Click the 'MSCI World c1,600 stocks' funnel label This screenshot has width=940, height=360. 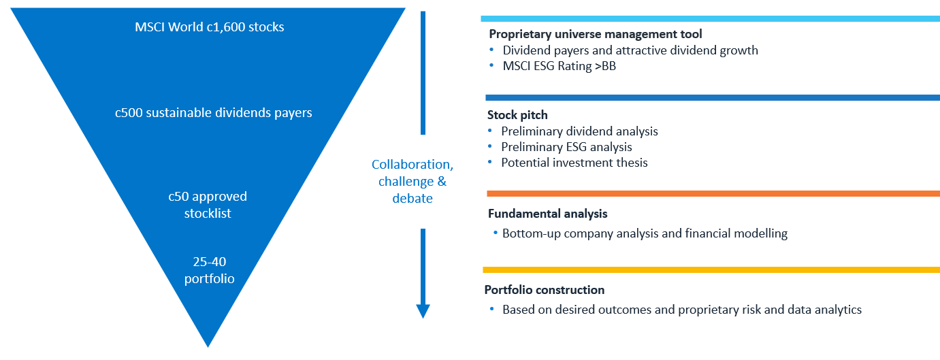coord(210,27)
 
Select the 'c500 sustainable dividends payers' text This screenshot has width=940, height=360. coord(214,113)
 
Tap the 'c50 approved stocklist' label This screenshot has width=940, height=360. coord(208,205)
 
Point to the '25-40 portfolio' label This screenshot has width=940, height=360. coord(210,269)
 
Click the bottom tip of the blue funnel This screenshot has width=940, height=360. coord(208,347)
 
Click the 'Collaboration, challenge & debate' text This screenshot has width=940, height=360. coord(412,181)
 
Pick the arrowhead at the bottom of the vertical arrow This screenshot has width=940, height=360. coord(423,311)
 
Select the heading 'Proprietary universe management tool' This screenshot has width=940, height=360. coord(596,34)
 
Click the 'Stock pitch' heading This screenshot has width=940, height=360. coord(517,115)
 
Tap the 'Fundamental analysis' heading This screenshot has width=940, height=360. coord(548,214)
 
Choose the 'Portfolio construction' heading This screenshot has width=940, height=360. coord(545,290)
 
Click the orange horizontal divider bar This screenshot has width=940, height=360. coord(713,194)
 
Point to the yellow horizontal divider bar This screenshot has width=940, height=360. coord(711,269)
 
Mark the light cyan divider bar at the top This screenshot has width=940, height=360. coord(711,19)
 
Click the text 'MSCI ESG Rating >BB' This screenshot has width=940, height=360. coord(560,66)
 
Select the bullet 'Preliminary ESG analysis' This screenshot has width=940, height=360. coord(566,147)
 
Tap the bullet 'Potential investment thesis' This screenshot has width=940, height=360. coord(574,163)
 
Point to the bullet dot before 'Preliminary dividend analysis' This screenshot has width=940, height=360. coord(489,131)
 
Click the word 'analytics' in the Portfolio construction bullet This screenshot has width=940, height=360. coord(838,310)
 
